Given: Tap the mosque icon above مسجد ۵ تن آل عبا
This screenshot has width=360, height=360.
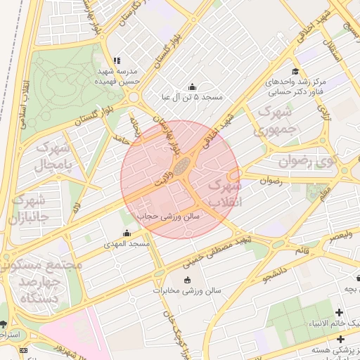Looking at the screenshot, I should [192, 86].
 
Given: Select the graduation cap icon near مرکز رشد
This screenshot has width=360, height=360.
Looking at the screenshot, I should [295, 71].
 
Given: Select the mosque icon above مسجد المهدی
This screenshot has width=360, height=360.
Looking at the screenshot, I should [127, 233].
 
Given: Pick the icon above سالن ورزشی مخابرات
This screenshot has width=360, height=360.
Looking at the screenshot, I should [188, 280].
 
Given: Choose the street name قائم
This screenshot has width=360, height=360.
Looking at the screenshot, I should [302, 250].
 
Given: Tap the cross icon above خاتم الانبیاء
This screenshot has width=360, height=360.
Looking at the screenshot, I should [340, 311].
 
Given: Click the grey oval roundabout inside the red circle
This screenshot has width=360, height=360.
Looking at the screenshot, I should [182, 167].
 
